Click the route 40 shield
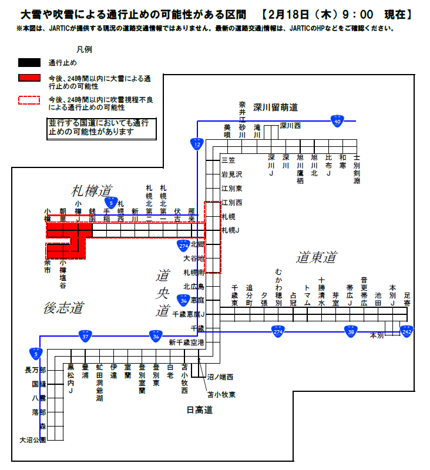pos(337,120)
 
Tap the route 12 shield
pos(196,143)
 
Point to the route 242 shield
pos(407,331)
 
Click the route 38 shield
pos(351,331)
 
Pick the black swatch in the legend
pos(29,62)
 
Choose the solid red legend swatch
pos(29,78)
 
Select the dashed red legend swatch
pos(29,100)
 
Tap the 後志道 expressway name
pos(63,307)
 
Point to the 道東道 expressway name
pos(317,257)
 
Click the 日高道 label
pos(199,409)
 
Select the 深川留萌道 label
pos(276,108)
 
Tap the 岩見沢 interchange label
pos(231,174)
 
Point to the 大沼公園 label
pos(32,439)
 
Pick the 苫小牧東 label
pos(221,394)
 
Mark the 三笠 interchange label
pos(227,160)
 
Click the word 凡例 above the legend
pos(84,49)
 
